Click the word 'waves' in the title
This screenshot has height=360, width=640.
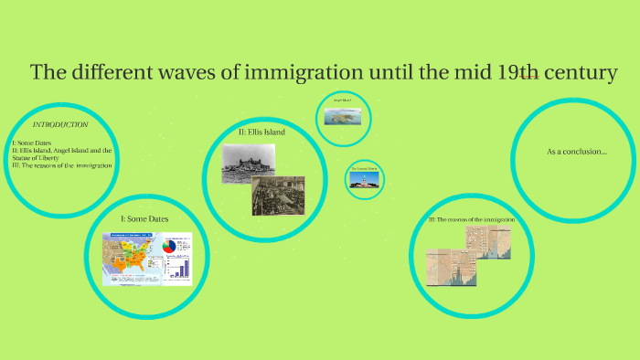[207, 72]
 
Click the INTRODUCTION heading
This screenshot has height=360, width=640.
[59, 123]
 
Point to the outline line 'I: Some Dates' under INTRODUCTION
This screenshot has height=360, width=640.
[33, 143]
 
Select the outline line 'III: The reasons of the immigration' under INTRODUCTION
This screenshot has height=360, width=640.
[61, 165]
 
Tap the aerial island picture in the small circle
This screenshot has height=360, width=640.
[344, 117]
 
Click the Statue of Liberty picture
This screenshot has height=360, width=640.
[363, 180]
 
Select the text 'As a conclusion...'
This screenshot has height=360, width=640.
[576, 151]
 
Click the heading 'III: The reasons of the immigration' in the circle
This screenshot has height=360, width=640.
[472, 220]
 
